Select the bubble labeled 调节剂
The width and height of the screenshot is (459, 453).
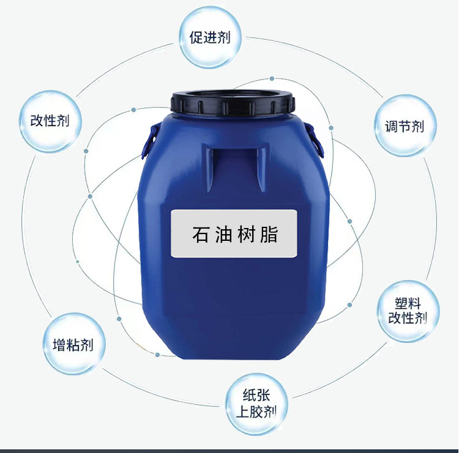tap(406, 126)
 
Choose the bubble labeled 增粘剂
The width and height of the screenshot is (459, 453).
tap(69, 344)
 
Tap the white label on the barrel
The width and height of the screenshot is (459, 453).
tap(234, 234)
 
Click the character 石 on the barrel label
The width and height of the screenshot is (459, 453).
tap(199, 234)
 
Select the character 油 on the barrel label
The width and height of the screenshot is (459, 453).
tap(222, 234)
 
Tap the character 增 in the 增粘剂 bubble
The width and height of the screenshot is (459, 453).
tap(53, 344)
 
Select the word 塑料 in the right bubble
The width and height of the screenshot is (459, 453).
tap(408, 303)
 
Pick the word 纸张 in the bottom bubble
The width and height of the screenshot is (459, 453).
tap(257, 396)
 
